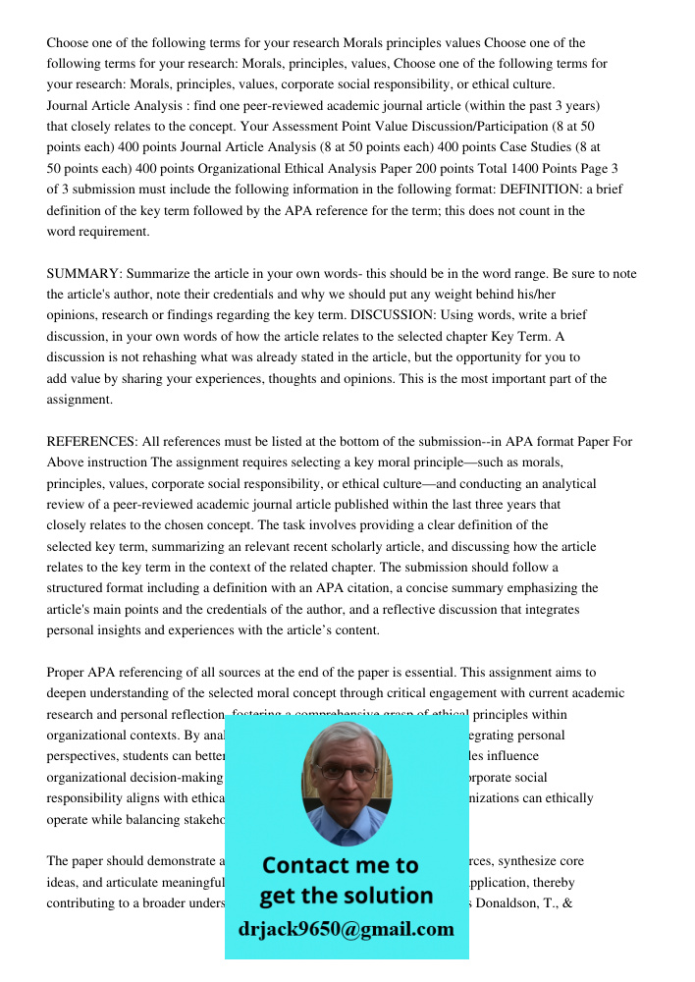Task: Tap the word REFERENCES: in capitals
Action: tap(92, 442)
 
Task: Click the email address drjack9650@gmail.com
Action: tap(346, 929)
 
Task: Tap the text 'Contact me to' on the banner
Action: tap(340, 865)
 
